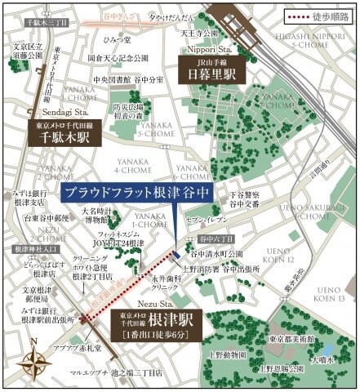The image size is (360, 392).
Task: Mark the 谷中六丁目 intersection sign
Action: pyautogui.click(x=216, y=238)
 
